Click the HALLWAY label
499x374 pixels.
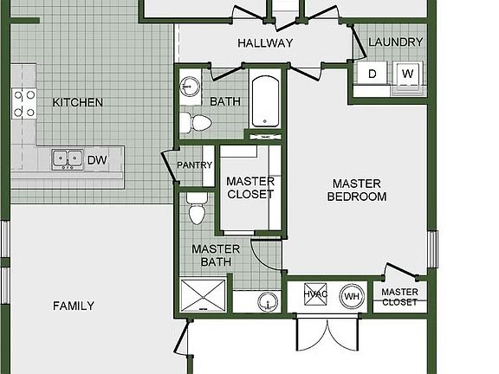[265, 43]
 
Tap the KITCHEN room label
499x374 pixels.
[78, 102]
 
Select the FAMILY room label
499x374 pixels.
[74, 306]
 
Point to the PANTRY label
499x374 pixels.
[194, 165]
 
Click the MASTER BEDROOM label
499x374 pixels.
[357, 190]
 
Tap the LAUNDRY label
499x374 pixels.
[396, 42]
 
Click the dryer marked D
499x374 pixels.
[372, 74]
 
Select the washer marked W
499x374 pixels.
[408, 74]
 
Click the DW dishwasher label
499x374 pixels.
[97, 160]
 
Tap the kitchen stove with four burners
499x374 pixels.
[24, 104]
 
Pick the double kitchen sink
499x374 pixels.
[68, 159]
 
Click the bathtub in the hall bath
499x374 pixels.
[265, 101]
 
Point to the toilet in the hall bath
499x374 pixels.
[196, 122]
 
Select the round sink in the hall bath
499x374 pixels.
[190, 87]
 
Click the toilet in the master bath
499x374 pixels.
[197, 208]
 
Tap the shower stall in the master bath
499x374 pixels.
[203, 295]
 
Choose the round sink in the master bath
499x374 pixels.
[268, 302]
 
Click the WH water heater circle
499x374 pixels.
[352, 296]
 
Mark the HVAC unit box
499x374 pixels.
[315, 294]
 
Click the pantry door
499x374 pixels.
[168, 168]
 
